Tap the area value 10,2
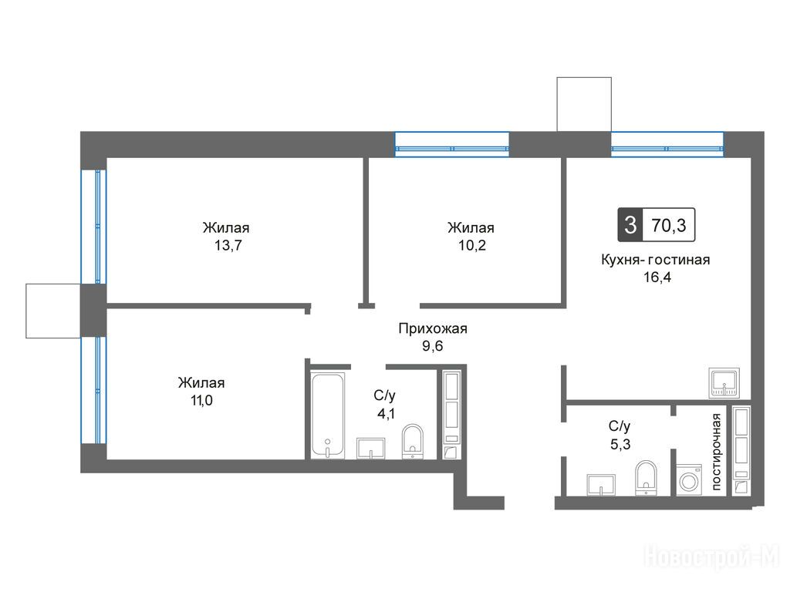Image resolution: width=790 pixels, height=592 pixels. (x=472, y=246)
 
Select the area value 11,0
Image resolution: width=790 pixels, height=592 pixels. (x=201, y=401)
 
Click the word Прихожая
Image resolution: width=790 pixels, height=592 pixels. (x=433, y=328)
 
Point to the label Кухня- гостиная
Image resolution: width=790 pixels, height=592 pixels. (x=656, y=260)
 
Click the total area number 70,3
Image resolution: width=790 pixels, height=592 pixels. (x=669, y=225)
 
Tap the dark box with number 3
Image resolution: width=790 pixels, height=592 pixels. (x=630, y=224)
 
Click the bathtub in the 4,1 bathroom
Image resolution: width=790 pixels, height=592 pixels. (x=327, y=415)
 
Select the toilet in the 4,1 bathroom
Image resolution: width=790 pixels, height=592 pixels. (x=414, y=442)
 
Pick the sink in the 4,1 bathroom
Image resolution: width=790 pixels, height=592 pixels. (x=371, y=449)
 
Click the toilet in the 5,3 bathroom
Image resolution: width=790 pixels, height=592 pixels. (x=647, y=478)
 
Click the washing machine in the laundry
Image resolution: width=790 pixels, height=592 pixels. (x=689, y=479)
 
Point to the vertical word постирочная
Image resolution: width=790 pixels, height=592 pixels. (x=716, y=452)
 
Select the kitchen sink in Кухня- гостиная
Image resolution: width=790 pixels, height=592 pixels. (x=724, y=383)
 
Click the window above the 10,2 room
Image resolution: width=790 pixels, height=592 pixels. (x=452, y=144)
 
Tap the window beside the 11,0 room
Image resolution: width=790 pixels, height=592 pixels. (x=94, y=390)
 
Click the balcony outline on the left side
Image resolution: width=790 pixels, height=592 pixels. (x=53, y=311)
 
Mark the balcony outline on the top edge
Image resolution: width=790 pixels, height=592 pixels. (x=584, y=104)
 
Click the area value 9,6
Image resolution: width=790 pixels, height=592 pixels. (x=433, y=346)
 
